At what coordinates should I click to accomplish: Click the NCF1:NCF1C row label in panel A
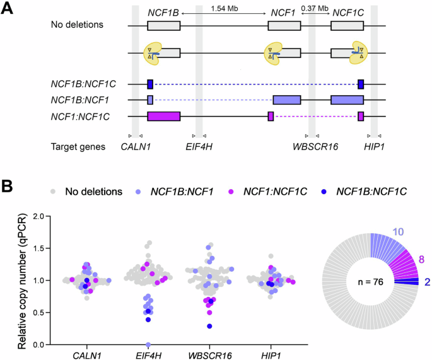pos(81,116)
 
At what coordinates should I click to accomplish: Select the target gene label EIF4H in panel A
pos(199,147)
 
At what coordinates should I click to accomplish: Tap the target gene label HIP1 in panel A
pos(374,147)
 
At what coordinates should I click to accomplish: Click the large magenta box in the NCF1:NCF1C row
pos(163,116)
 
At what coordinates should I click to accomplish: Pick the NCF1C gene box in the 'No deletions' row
pos(347,26)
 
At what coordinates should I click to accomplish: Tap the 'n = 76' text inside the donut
pos(376,281)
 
